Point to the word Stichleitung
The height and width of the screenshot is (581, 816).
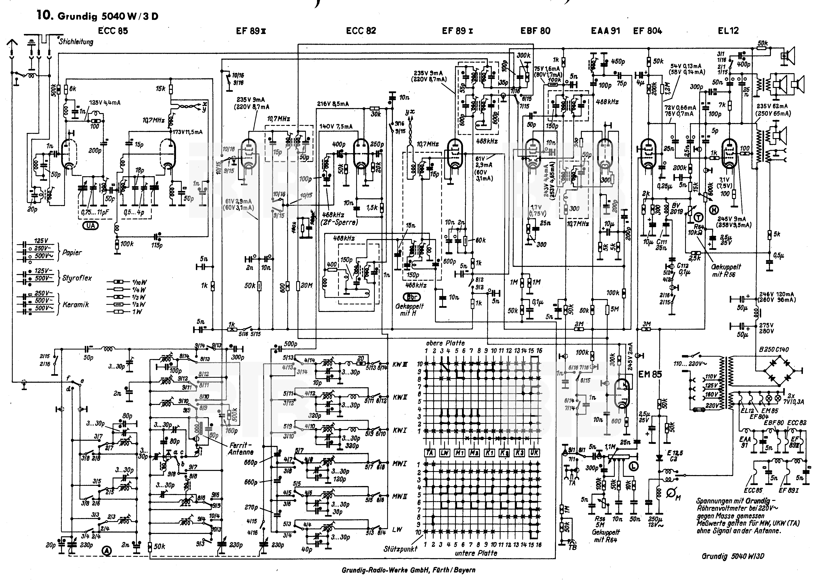coord(76,42)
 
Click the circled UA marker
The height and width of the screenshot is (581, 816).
coord(91,226)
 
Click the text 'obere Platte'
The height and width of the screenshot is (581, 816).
coord(445,343)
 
